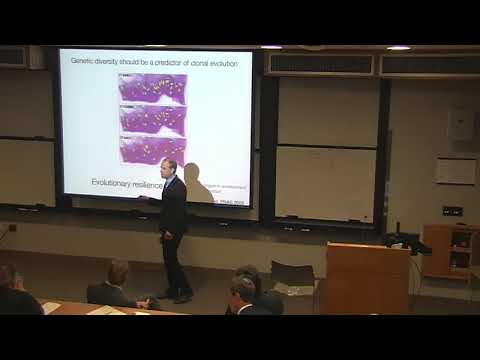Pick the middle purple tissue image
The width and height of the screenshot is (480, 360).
tap(152, 119)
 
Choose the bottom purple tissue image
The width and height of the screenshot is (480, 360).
tap(152, 149)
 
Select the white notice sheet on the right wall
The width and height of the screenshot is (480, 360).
tap(456, 172)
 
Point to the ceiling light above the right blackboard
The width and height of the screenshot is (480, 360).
tap(398, 48)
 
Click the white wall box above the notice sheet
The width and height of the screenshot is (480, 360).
tap(459, 124)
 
